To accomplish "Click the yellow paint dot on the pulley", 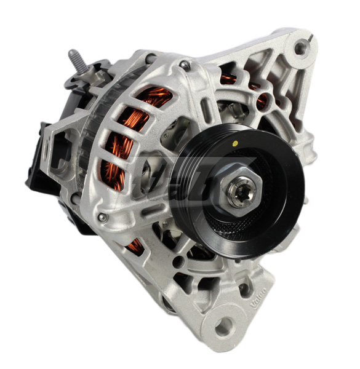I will (234, 142).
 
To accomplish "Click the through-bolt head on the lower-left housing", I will (103, 217).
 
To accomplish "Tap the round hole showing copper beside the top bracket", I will (263, 100).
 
